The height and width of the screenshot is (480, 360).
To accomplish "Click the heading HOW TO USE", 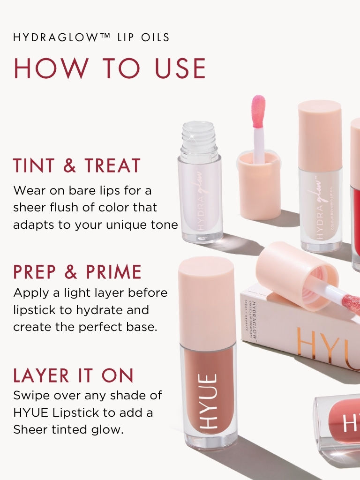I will pyautogui.click(x=110, y=68).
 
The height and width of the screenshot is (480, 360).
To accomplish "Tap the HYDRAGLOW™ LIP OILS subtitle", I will pyautogui.click(x=91, y=37).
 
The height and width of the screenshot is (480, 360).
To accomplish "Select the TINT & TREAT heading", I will pyautogui.click(x=77, y=166).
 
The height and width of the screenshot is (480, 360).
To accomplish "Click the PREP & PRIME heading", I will pyautogui.click(x=77, y=272).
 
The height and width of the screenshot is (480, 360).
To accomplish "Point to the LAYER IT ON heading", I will pyautogui.click(x=74, y=375).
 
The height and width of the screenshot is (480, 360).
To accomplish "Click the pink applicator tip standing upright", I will pyautogui.click(x=258, y=112).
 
